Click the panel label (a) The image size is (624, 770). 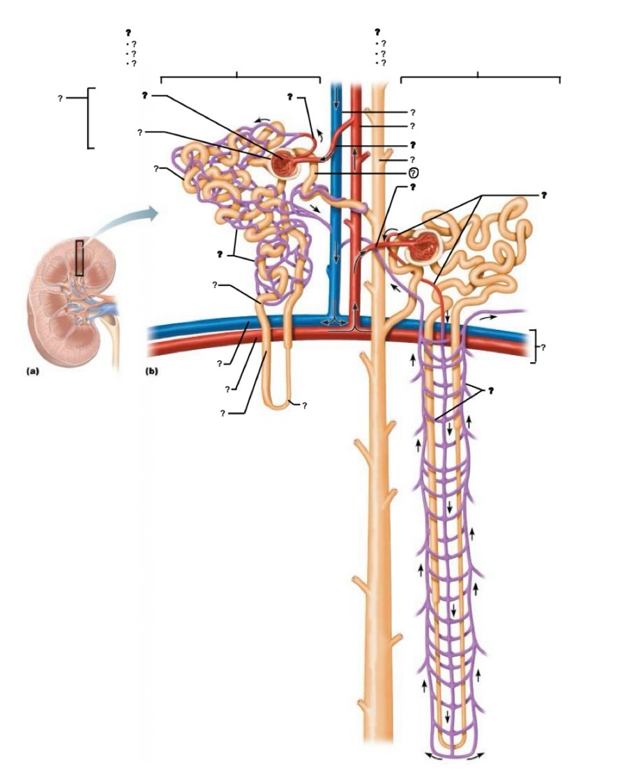point(34,371)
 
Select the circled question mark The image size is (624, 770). point(414,173)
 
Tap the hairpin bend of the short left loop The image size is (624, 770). point(278,406)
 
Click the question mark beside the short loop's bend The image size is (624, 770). point(304,405)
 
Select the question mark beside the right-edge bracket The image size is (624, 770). point(544,347)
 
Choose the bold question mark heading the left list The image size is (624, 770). point(129,32)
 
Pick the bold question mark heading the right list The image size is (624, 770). point(378,32)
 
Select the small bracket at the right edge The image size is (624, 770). point(533,347)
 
